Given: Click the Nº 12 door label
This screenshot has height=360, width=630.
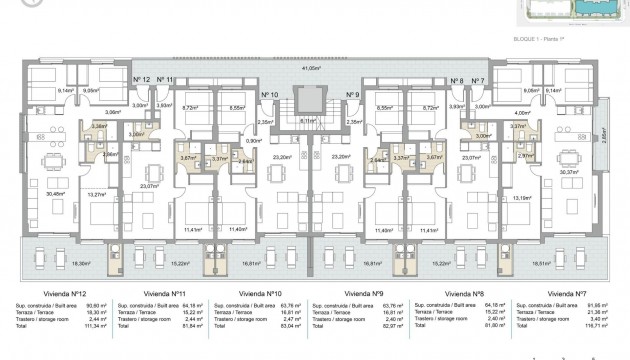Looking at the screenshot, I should click(142, 79).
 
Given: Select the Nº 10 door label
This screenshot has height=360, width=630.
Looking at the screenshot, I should click(269, 96).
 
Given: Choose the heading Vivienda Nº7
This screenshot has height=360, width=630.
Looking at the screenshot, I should click(568, 294).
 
